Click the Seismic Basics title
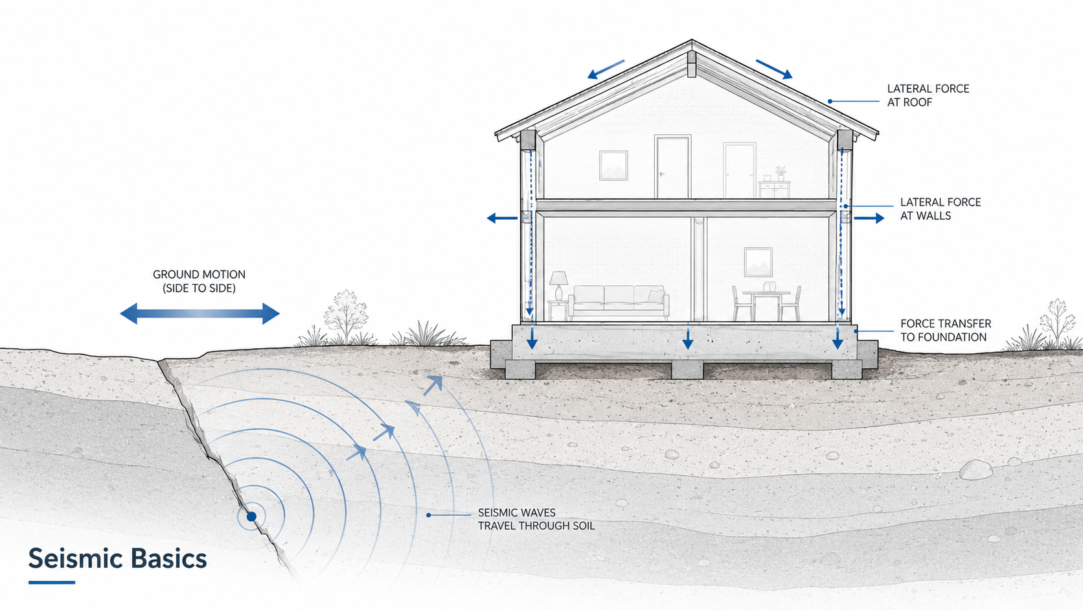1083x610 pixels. pos(117,558)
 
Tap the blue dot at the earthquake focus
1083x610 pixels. pos(251,517)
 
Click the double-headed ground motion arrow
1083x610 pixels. pos(199,314)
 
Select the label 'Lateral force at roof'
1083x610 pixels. pos(928,95)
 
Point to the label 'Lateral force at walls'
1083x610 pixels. pos(940,209)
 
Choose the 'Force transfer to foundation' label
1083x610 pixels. pos(945,331)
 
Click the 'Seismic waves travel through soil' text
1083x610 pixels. pos(536,519)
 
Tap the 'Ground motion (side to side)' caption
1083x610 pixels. pos(199,281)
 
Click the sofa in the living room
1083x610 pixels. pos(619,302)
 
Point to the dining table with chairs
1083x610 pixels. pos(766,303)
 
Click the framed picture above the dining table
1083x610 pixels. pos(758,262)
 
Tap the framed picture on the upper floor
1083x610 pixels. pos(613,165)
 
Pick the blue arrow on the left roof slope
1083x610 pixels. pos(606,69)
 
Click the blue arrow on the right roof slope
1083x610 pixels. pos(774,69)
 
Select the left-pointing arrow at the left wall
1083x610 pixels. pos(502,218)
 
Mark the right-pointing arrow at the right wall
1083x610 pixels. pos(869,218)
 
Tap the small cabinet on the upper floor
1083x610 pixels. pos(774,189)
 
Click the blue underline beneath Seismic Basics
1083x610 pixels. pos(52,582)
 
